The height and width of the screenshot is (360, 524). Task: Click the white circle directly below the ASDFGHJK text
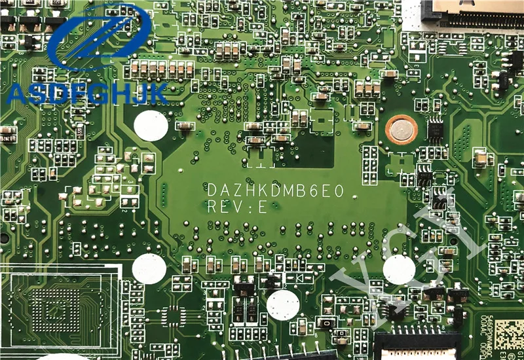[x=151, y=125]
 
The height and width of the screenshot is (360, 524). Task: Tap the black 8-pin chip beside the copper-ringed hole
[x=435, y=129]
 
